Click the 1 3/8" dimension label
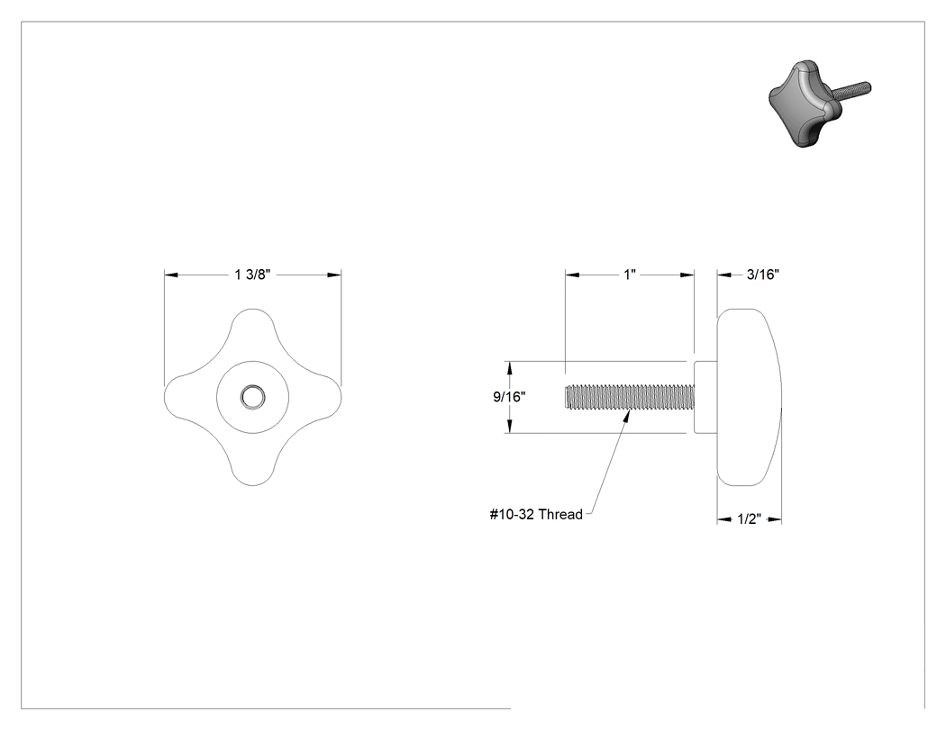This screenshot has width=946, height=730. [x=252, y=275]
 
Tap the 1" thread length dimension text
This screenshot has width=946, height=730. [x=630, y=275]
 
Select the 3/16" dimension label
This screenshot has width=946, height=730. [x=762, y=275]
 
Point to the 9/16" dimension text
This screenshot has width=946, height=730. [x=509, y=397]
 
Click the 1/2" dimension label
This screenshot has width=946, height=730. [x=749, y=519]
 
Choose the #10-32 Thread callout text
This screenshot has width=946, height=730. [x=536, y=514]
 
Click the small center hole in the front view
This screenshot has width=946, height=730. [x=252, y=397]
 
